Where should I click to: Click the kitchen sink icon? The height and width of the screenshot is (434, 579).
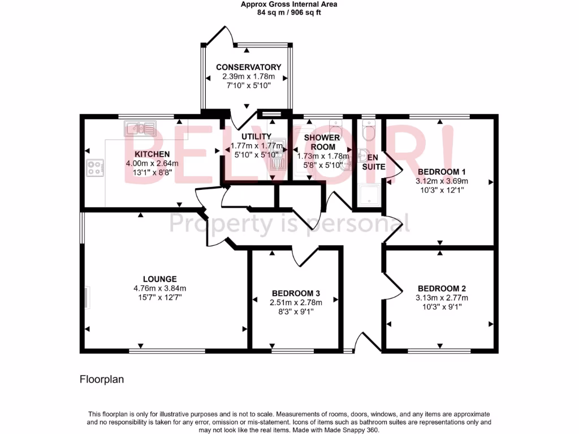(140, 129)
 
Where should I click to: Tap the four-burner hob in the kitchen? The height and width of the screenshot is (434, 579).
(95, 168)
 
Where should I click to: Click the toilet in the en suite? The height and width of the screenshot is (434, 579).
(368, 131)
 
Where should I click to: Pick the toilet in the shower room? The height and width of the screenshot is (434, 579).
(335, 125)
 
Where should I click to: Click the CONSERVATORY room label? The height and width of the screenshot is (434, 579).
(249, 67)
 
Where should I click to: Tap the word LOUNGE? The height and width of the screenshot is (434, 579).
(159, 279)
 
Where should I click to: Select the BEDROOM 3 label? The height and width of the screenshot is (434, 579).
(296, 293)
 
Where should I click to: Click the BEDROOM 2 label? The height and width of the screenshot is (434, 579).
(441, 287)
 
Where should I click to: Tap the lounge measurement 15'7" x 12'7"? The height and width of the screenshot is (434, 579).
(159, 297)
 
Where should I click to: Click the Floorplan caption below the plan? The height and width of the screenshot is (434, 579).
(101, 380)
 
